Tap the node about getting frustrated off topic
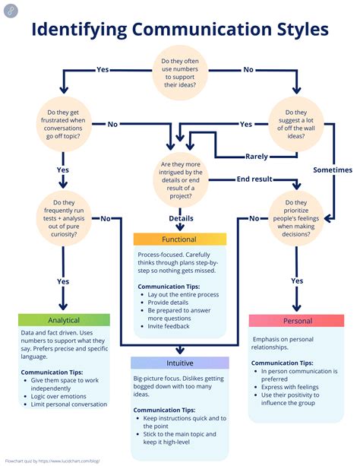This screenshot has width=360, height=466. pyautogui.click(x=62, y=123)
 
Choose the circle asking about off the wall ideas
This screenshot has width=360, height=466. pyautogui.click(x=295, y=123)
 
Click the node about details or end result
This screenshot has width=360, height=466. pyautogui.click(x=180, y=179)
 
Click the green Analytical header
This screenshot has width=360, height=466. pyautogui.click(x=64, y=320)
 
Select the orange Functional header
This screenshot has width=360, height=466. pyautogui.click(x=179, y=239)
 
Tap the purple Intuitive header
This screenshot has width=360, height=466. pyautogui.click(x=179, y=363)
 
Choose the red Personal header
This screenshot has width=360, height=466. pyautogui.click(x=297, y=321)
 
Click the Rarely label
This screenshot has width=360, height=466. pyautogui.click(x=257, y=157)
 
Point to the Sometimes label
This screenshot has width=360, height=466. pyautogui.click(x=333, y=170)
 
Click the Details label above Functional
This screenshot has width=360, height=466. pyautogui.click(x=181, y=218)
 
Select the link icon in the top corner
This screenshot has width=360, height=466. pyautogui.click(x=9, y=9)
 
